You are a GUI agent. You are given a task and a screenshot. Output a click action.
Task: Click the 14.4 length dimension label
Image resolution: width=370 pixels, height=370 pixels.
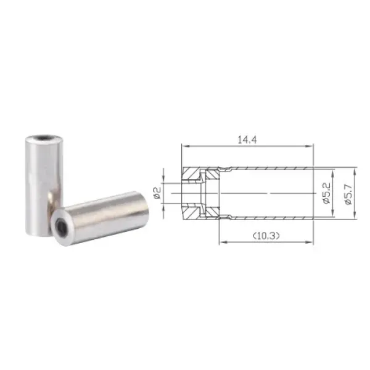click(247, 140)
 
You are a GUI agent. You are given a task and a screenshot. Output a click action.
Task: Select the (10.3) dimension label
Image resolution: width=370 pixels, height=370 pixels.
click(266, 236)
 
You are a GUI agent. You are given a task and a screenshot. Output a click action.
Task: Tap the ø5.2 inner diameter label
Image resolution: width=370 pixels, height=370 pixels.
click(327, 193)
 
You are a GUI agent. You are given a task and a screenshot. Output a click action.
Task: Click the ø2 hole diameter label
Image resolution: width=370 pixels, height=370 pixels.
click(157, 193)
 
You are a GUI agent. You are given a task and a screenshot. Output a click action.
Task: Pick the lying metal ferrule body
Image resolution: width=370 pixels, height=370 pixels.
click(100, 219)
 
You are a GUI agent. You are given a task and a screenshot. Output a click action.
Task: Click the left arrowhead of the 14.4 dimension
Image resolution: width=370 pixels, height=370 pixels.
click(186, 146)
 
